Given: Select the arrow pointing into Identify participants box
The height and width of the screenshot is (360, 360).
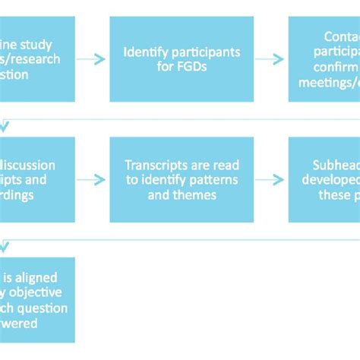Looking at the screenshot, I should pyautogui.click(x=91, y=58).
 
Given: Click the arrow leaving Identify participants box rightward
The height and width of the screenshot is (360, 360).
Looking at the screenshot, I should pyautogui.click(x=270, y=58).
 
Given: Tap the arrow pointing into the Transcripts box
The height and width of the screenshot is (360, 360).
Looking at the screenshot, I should pyautogui.click(x=91, y=180).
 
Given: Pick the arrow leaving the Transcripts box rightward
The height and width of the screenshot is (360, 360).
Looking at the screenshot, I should pyautogui.click(x=270, y=180).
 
